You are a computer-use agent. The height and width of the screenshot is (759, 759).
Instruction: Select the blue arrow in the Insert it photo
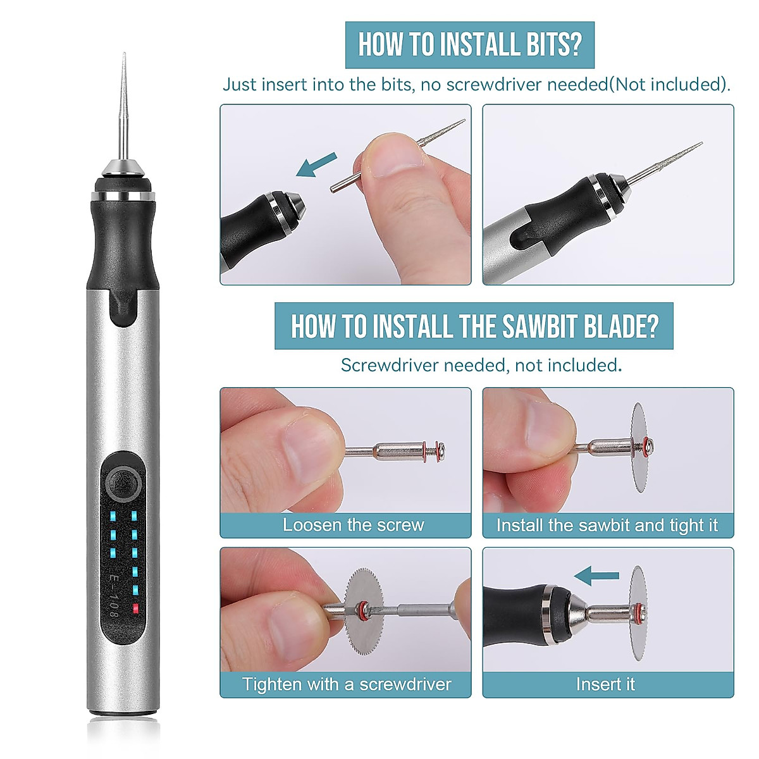pyautogui.click(x=596, y=576)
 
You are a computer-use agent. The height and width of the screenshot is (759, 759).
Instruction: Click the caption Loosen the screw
pyautogui.click(x=353, y=525)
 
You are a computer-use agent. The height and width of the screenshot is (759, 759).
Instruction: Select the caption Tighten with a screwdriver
pyautogui.click(x=346, y=684)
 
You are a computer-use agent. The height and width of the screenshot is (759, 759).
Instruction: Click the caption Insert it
pyautogui.click(x=605, y=684)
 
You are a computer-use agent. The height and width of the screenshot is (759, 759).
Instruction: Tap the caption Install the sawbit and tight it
pyautogui.click(x=607, y=525)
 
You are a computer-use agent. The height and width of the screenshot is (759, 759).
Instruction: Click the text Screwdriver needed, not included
pyautogui.click(x=481, y=365)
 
